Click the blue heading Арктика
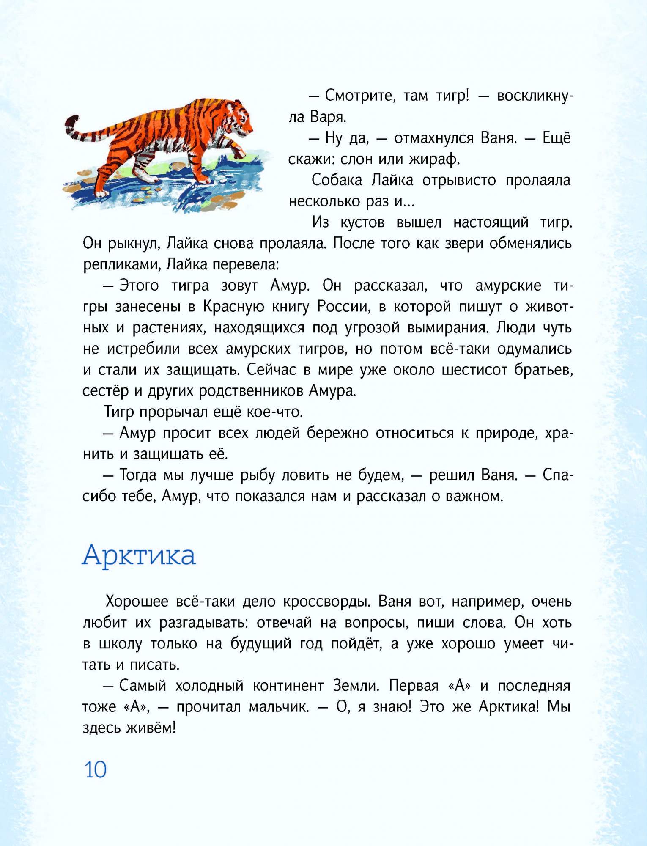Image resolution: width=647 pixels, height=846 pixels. (139, 555)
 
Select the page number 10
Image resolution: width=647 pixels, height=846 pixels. (96, 769)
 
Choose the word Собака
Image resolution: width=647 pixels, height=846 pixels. (337, 181)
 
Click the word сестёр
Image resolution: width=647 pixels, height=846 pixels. (105, 391)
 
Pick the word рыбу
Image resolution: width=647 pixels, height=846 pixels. (258, 475)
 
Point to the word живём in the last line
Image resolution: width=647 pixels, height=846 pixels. (151, 728)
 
